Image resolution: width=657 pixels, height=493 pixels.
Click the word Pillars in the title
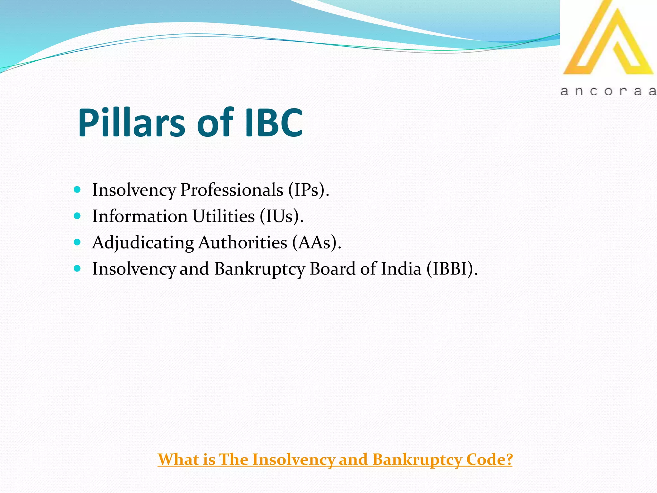tap(132, 123)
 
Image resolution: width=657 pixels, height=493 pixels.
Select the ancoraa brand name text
tap(608, 91)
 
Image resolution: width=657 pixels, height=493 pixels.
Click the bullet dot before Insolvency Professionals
tap(77, 189)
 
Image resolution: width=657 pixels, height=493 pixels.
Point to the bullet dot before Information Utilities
tap(77, 216)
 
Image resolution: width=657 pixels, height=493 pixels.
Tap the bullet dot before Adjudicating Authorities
tap(77, 242)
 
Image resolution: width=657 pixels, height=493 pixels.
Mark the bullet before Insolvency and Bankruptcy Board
tap(77, 268)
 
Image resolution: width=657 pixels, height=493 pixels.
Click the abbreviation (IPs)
tap(308, 190)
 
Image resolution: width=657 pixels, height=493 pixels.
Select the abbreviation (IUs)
tap(281, 216)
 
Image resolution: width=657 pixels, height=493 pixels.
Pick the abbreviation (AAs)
tap(316, 243)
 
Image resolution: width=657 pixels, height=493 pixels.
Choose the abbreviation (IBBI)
tap(452, 269)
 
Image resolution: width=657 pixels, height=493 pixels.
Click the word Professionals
tap(232, 190)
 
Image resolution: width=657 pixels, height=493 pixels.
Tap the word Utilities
tap(223, 216)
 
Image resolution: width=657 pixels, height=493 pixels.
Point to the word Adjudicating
tap(143, 243)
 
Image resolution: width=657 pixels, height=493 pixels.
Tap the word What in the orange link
tap(178, 460)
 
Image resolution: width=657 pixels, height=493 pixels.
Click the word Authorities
tap(243, 243)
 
